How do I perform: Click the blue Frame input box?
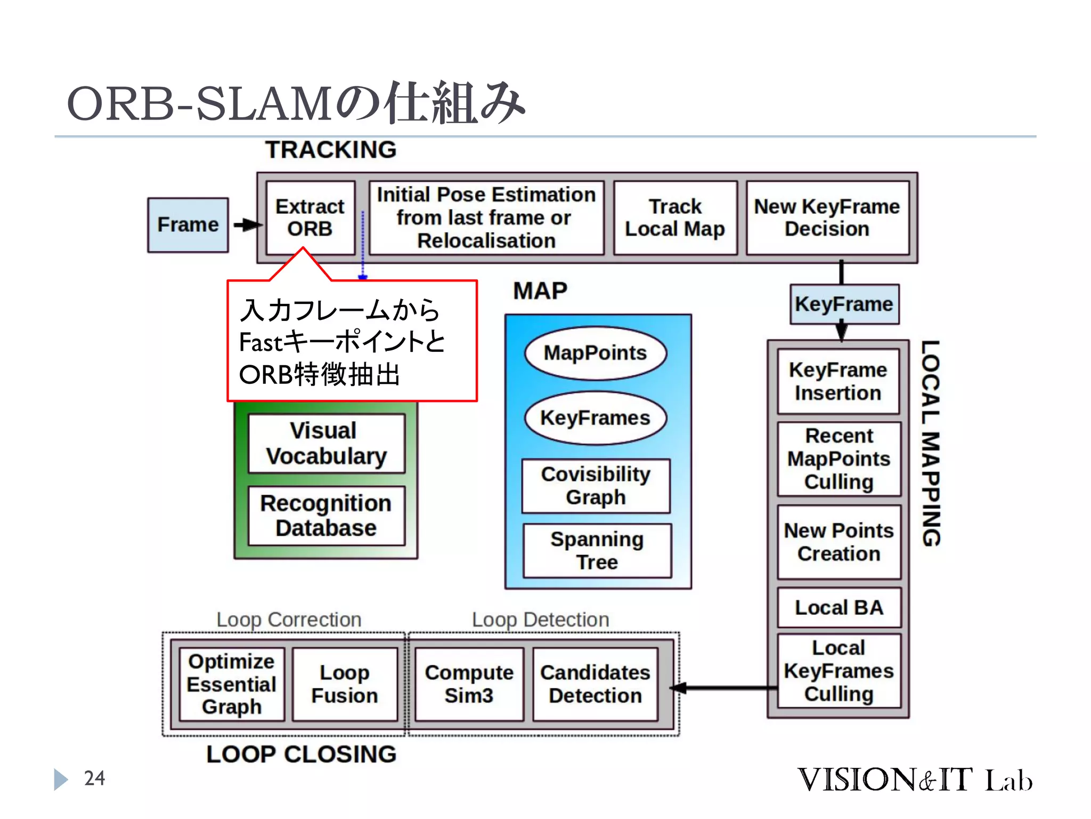[x=188, y=224]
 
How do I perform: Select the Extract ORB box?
[x=310, y=218]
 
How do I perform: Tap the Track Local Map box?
[x=675, y=218]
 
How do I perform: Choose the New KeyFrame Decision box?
[x=827, y=218]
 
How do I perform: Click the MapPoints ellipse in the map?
[x=595, y=353]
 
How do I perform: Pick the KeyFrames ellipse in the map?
[x=595, y=417]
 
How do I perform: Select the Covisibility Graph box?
[x=596, y=486]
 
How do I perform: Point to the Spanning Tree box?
[x=597, y=550]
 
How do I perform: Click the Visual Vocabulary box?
[x=327, y=443]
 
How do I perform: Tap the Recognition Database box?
[x=327, y=516]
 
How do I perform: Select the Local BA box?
[x=839, y=607]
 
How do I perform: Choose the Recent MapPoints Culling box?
[x=839, y=459]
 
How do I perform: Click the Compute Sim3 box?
[x=469, y=684]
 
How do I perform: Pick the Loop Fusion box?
[x=345, y=684]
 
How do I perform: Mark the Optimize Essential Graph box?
[x=232, y=684]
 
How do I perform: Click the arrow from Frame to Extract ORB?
[x=247, y=224]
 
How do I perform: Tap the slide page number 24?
[x=94, y=778]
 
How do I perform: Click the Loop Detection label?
[x=540, y=620]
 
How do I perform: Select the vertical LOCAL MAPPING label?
[x=931, y=443]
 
